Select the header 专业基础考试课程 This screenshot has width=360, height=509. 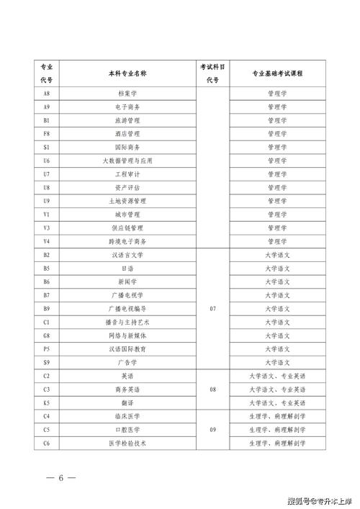pos(277,73)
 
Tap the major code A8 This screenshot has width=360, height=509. pos(47,94)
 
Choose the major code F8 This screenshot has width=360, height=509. pos(47,133)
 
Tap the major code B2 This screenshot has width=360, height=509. pos(47,255)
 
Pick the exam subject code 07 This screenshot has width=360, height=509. pos(212,308)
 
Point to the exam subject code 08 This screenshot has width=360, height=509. pos(212,389)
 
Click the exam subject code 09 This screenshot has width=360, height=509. pos(212,430)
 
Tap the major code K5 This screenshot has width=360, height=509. pos(47,402)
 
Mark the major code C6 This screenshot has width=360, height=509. pos(47,443)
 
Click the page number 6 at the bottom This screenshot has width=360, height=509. pos(62,478)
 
